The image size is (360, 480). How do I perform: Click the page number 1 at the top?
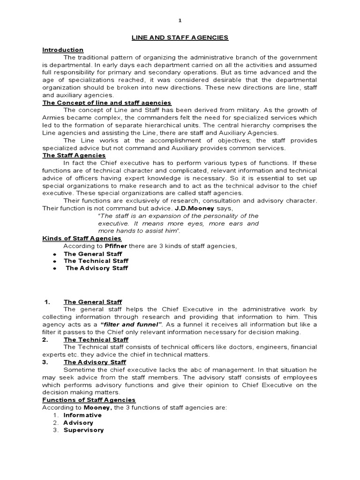pyautogui.click(x=180, y=21)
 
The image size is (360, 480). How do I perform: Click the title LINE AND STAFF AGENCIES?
pyautogui.click(x=180, y=37)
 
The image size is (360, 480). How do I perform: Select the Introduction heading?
pyautogui.click(x=63, y=50)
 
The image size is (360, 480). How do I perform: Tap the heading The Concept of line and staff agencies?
pyautogui.click(x=107, y=103)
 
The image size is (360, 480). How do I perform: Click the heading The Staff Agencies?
pyautogui.click(x=74, y=155)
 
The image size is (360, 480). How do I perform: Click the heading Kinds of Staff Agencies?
pyautogui.click(x=82, y=239)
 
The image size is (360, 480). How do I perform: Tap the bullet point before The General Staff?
pyautogui.click(x=55, y=254)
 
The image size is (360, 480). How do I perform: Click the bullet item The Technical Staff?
pyautogui.click(x=96, y=261)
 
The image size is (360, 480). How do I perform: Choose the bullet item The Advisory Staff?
pyautogui.click(x=97, y=268)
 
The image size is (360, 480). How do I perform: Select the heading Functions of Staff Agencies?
pyautogui.click(x=89, y=400)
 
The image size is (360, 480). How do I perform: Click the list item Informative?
pyautogui.click(x=82, y=415)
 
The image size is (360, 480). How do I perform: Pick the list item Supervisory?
pyautogui.click(x=83, y=430)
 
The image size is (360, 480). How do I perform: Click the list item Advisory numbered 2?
pyautogui.click(x=78, y=422)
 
